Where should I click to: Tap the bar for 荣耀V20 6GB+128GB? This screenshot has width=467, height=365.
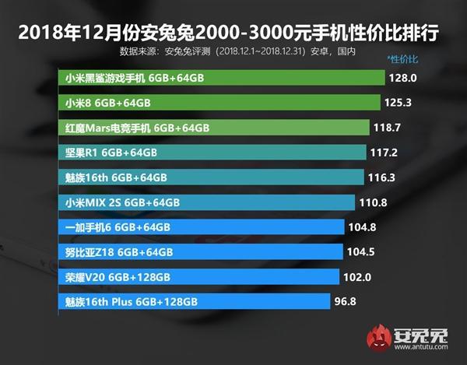pyautogui.click(x=199, y=276)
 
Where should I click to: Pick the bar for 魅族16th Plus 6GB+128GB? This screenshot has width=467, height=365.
pyautogui.click(x=194, y=301)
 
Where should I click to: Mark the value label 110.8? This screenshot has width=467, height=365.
pyautogui.click(x=376, y=202)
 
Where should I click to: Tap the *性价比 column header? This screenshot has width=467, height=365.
pyautogui.click(x=402, y=59)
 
